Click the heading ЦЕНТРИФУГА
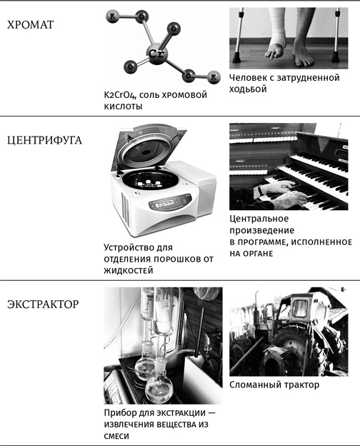(44, 140)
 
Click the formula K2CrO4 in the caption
(122, 94)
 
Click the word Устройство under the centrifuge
(131, 247)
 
